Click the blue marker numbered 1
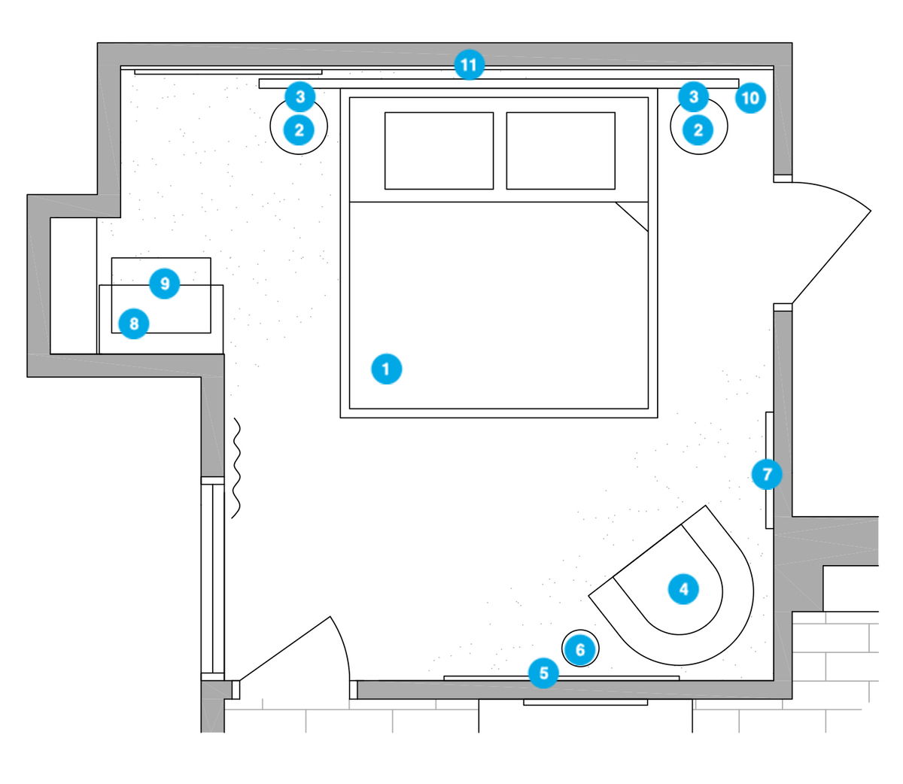[386, 369]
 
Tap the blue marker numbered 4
[684, 589]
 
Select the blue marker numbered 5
[544, 673]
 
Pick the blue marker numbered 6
[580, 649]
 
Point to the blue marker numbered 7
[767, 474]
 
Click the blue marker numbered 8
[134, 324]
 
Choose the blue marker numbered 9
[165, 283]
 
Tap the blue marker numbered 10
[750, 98]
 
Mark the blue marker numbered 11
[469, 65]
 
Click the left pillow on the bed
[439, 151]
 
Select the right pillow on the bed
[561, 151]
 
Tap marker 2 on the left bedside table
[299, 130]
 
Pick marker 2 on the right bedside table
[698, 130]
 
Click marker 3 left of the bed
[300, 96]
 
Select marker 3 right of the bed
[694, 96]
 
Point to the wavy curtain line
[236, 468]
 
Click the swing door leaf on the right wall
[832, 257]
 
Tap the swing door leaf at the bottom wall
[284, 649]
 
